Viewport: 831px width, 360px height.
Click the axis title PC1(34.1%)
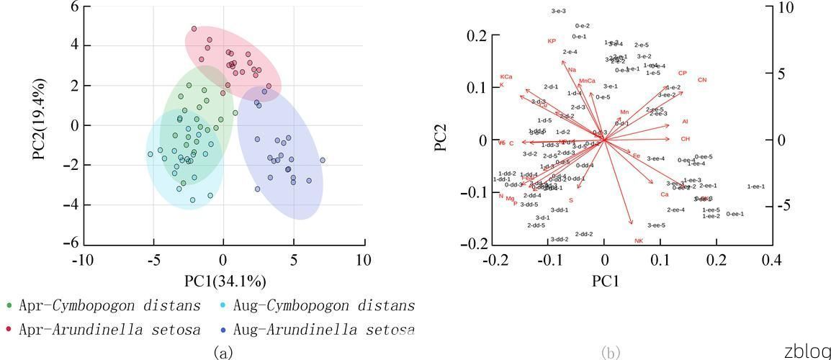[224, 281]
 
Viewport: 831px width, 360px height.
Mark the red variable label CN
[702, 80]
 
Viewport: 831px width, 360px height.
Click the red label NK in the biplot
[638, 240]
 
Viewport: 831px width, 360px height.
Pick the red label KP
[552, 41]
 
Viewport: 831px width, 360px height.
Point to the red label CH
[685, 139]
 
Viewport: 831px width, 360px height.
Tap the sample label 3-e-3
[558, 11]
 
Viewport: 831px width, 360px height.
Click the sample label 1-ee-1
[755, 186]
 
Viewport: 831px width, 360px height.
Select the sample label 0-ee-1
[735, 214]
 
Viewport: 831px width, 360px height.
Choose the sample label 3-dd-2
[560, 239]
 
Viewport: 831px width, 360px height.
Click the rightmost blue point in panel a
[322, 160]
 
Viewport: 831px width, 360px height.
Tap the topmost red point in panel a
[194, 29]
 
